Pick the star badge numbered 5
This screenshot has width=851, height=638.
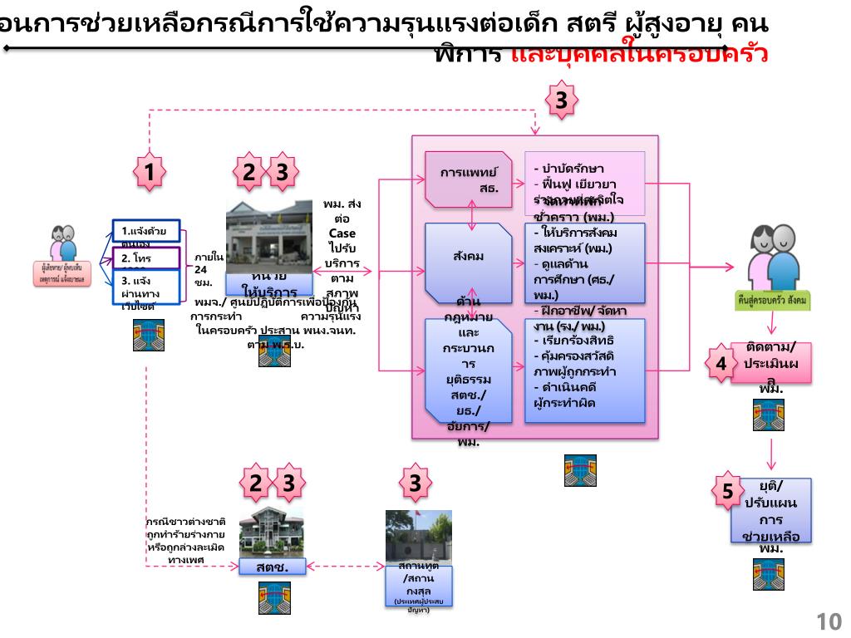727,490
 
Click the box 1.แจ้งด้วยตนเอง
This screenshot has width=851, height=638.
145,230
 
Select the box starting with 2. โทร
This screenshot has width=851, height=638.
145,259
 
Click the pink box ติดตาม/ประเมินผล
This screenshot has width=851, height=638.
770,363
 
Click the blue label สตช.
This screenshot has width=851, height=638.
271,568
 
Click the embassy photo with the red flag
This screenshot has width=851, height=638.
418,535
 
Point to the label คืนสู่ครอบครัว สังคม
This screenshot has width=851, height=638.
773,298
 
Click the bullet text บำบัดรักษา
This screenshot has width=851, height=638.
573,169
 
